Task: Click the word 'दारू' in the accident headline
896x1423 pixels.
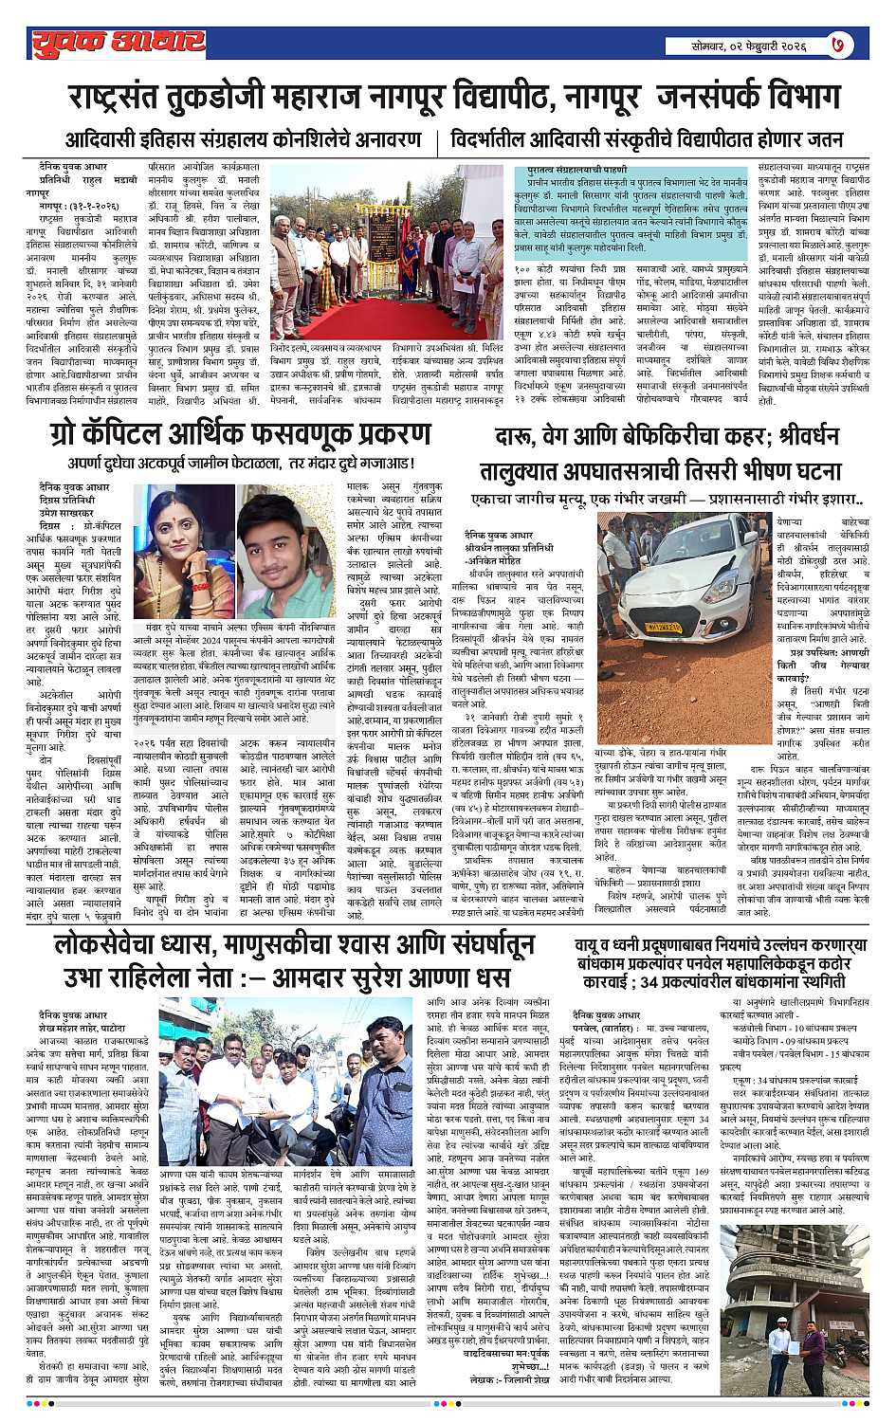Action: click(518, 437)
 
